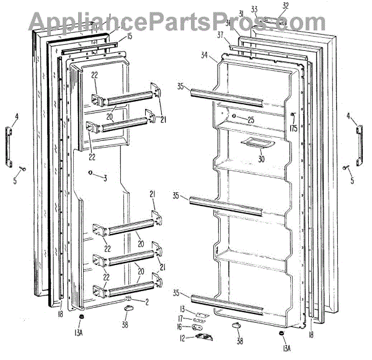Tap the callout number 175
(x=293, y=128)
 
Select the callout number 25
(x=250, y=119)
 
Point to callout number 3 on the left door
(x=105, y=178)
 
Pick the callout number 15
(x=130, y=37)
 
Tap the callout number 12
(x=183, y=339)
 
